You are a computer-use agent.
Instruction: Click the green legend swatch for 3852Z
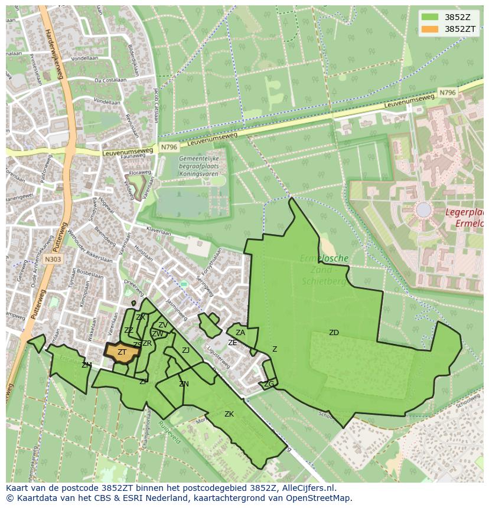[x=430, y=17]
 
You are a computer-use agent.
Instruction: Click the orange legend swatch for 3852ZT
[x=430, y=28]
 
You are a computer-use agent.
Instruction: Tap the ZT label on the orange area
[x=122, y=352]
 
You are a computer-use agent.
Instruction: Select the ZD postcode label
[x=334, y=333]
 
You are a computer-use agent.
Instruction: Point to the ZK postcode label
[x=229, y=414]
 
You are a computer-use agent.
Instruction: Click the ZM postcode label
[x=87, y=365]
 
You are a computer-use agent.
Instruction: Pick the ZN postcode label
[x=184, y=384]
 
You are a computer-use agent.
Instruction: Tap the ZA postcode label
[x=240, y=333]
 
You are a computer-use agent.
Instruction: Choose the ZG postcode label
[x=269, y=384]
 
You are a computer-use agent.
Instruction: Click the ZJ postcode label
[x=185, y=350]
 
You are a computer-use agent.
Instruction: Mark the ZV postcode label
[x=162, y=325]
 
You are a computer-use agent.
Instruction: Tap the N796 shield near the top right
[x=448, y=93]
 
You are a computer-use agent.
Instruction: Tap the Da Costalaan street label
[x=110, y=80]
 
